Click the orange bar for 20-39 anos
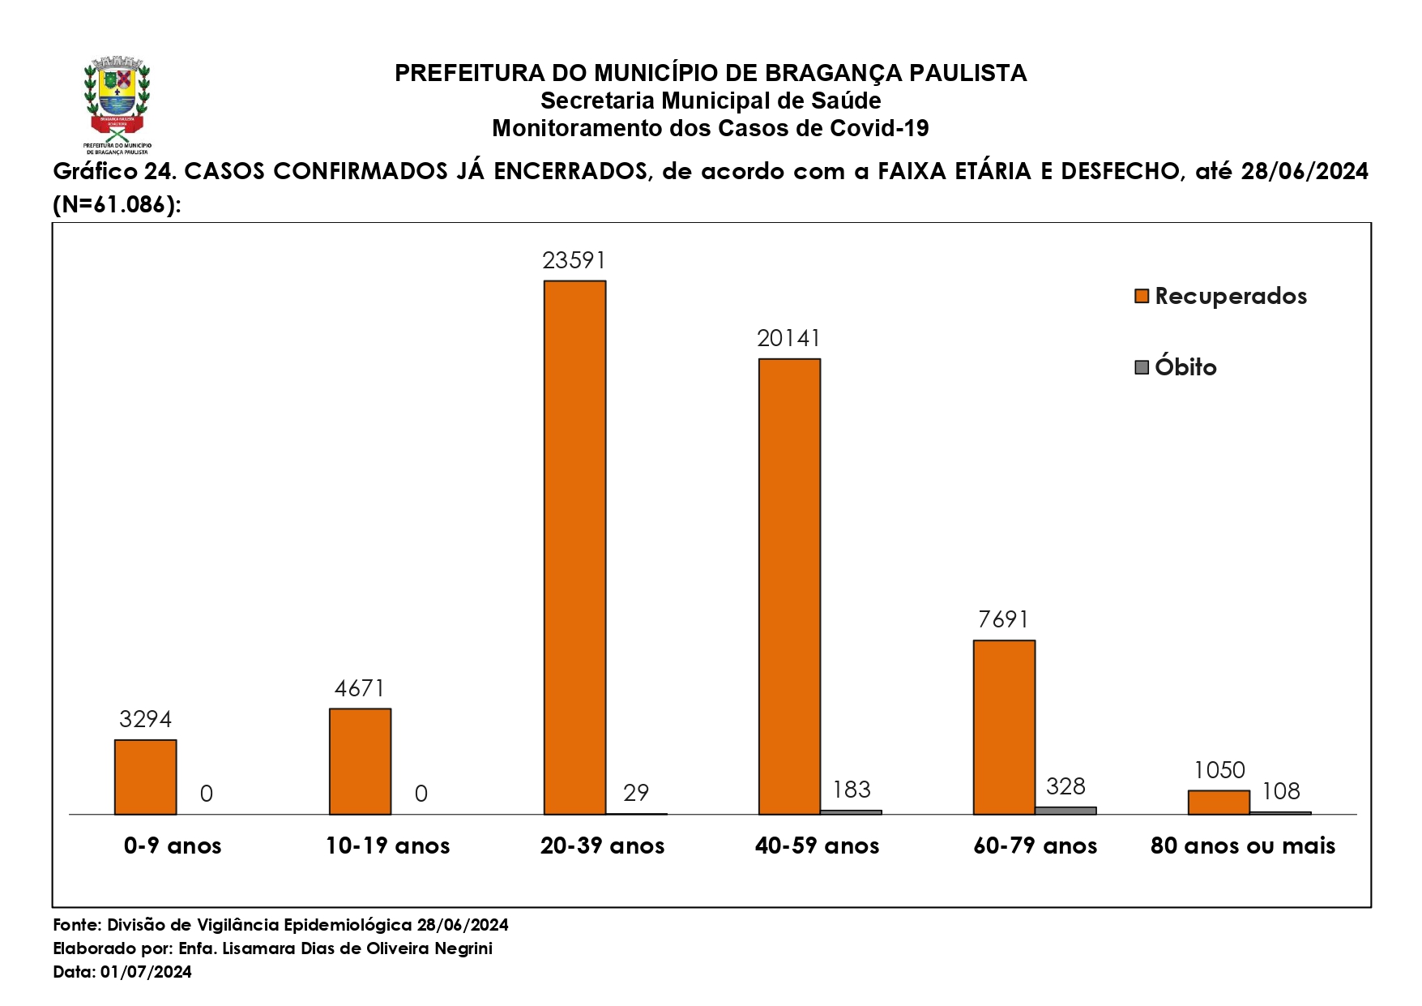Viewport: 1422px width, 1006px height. point(574,547)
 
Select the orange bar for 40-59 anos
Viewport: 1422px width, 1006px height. point(789,586)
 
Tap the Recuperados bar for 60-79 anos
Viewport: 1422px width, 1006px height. point(1004,727)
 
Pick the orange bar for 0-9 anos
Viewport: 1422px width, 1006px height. point(145,777)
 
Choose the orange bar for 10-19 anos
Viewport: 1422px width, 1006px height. point(360,761)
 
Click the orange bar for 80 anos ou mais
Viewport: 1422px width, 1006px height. point(1219,802)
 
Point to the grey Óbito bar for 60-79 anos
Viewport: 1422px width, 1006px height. point(1065,810)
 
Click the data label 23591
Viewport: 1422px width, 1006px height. point(574,260)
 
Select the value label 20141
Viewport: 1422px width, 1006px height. point(789,338)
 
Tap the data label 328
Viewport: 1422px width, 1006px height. point(1065,786)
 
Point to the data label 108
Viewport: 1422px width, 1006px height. point(1281,791)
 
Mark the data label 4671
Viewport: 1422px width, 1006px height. point(360,688)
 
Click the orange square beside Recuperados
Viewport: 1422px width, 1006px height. point(1142,296)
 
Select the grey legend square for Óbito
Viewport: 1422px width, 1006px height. point(1142,367)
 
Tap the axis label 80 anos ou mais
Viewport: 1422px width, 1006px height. point(1243,846)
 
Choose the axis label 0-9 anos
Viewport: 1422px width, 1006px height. point(173,846)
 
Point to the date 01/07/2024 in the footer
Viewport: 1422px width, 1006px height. point(147,972)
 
